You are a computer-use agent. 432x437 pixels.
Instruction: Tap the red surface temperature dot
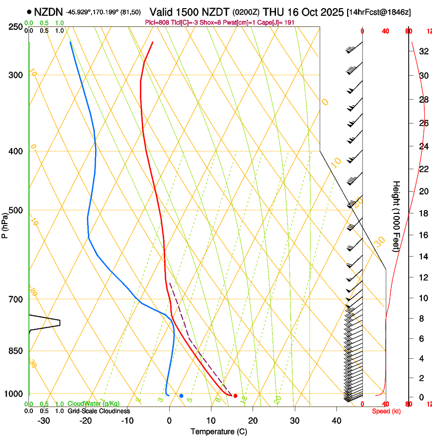(235, 395)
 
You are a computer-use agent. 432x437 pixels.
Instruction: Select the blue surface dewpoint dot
(181, 395)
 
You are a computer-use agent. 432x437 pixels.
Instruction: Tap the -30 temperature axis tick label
(44, 421)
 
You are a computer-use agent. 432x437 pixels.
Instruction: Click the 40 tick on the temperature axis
(336, 421)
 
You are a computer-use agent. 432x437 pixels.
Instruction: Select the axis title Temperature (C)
(219, 431)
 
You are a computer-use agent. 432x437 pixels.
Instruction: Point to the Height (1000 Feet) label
(396, 216)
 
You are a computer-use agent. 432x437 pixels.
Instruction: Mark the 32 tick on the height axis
(423, 51)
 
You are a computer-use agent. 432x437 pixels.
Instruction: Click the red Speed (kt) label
(386, 411)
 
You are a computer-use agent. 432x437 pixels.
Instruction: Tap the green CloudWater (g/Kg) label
(94, 404)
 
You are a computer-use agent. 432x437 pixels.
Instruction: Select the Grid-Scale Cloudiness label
(98, 411)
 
